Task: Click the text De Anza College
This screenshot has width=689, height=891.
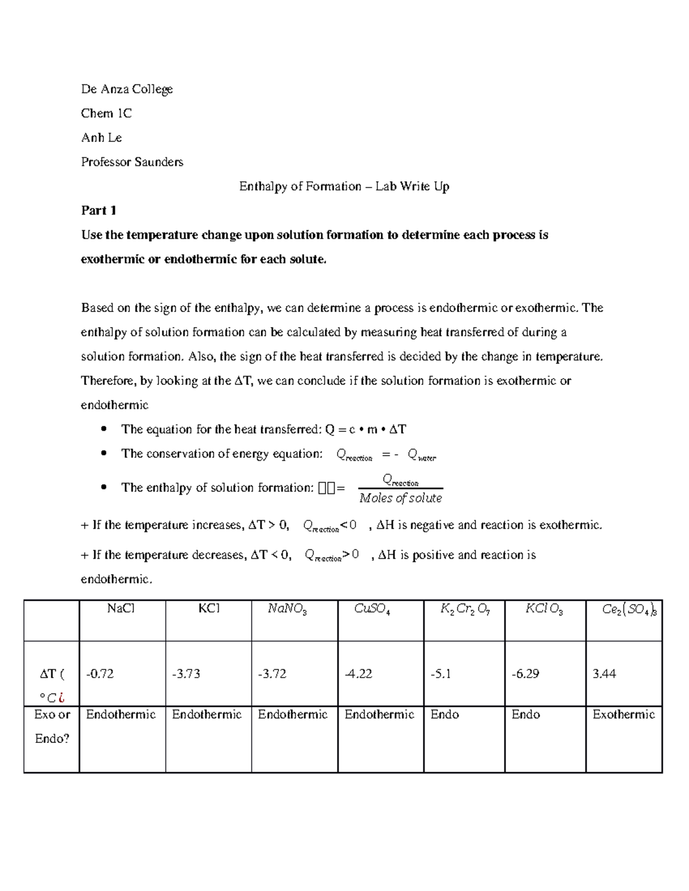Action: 127,89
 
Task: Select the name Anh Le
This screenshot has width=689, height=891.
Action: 102,138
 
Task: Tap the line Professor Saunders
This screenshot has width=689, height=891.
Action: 132,162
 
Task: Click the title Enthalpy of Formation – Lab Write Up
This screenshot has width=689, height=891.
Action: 344,186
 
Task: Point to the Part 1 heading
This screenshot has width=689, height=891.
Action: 99,211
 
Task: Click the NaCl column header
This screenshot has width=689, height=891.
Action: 121,608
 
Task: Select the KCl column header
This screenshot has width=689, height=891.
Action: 209,608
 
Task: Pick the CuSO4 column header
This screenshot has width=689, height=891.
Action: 372,609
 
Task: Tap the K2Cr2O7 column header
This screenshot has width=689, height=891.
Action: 465,609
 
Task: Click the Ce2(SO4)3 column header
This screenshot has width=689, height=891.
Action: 629,609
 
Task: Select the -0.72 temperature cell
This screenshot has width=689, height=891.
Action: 100,674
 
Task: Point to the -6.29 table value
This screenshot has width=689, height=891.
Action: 525,674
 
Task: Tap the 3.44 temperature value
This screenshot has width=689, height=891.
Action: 604,674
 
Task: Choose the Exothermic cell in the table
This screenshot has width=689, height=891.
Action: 624,714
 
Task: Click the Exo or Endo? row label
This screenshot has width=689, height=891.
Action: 52,726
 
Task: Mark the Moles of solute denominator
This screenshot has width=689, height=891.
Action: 400,498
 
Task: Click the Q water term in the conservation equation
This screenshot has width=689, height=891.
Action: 421,456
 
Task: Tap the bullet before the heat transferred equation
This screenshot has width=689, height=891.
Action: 103,429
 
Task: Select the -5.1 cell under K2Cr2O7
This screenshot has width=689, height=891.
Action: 440,674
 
